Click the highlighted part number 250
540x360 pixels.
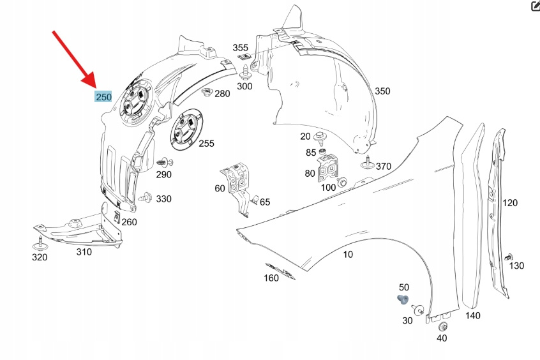point(103,97)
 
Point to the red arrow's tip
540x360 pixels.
point(98,87)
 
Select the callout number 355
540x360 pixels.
point(240,48)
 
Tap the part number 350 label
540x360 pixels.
point(382,91)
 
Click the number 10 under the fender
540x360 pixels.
point(348,255)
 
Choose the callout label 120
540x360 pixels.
point(509,203)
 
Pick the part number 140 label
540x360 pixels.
point(472,315)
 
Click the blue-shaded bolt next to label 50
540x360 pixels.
point(402,299)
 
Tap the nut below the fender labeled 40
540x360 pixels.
point(443,327)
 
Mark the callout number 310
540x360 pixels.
point(84,251)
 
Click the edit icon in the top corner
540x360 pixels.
point(536,6)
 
